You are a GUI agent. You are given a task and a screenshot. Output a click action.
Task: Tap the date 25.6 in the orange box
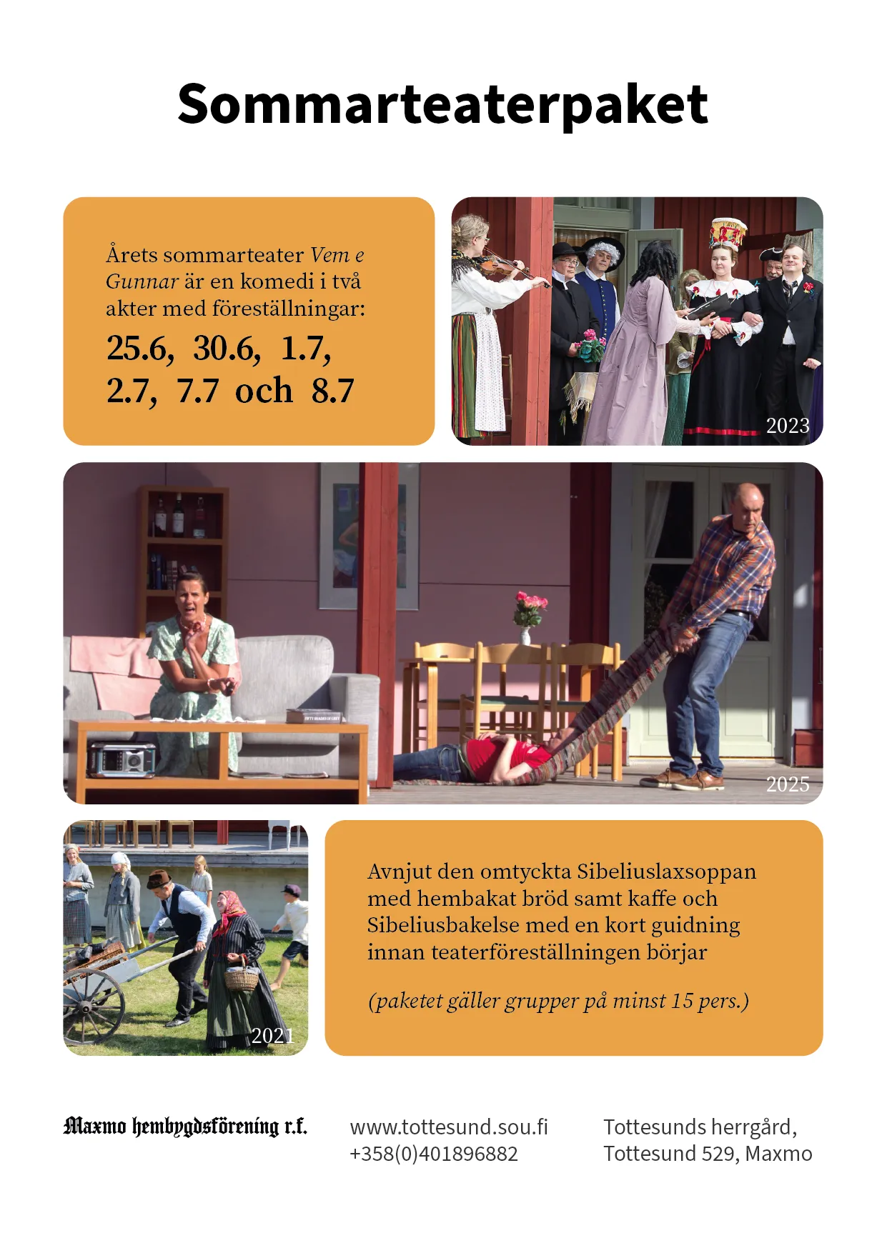140,349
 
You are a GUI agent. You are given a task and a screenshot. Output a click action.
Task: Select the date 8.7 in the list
332,391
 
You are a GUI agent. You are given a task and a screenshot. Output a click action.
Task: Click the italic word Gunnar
142,281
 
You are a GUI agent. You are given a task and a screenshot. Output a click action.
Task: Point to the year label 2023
788,426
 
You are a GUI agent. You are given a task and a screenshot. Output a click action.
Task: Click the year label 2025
788,784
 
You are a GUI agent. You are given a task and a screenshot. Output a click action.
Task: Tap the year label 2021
272,1035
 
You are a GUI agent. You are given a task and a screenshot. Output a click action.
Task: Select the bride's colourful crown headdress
727,234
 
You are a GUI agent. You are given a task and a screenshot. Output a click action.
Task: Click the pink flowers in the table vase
530,606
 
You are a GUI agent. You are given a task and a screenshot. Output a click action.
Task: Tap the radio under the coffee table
122,759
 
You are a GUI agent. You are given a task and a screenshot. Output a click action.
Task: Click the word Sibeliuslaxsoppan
666,872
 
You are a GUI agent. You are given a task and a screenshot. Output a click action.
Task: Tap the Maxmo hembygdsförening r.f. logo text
185,1127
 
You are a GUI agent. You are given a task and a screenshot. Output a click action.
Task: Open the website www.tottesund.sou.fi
449,1127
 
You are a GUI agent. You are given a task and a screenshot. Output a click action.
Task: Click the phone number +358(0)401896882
433,1154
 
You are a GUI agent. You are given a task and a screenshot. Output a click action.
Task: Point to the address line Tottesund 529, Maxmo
708,1154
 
